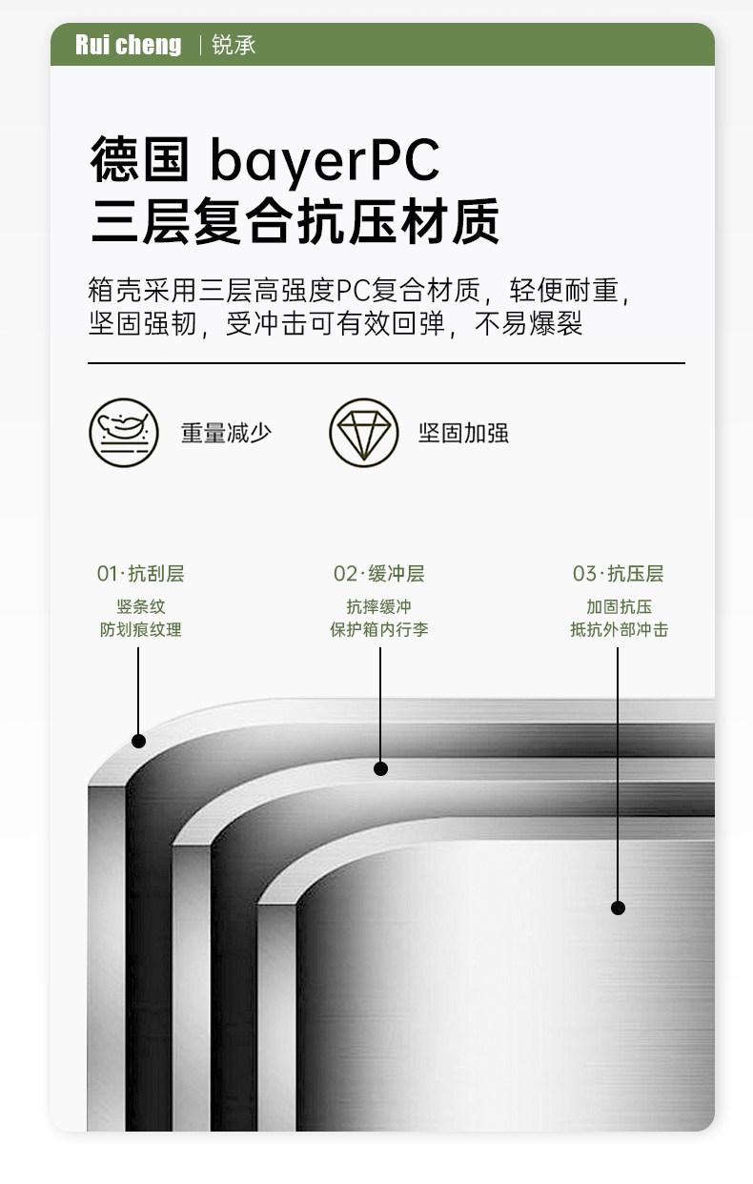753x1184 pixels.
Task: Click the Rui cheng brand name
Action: [128, 45]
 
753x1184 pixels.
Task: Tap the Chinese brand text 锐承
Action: [234, 45]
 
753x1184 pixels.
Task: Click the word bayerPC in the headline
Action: [324, 161]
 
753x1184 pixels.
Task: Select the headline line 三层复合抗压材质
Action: [295, 224]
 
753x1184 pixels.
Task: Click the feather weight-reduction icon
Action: [124, 432]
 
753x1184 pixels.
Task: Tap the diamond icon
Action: [363, 432]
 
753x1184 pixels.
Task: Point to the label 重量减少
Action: [226, 433]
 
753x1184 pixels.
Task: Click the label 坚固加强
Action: [463, 433]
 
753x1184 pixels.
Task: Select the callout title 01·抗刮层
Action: [140, 574]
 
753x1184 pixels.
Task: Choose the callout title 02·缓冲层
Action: [378, 574]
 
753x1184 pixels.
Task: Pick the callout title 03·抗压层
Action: [618, 574]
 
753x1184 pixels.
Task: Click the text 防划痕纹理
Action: [140, 630]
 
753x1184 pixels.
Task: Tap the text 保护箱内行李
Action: [378, 630]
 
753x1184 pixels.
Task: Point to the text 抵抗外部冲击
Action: [619, 630]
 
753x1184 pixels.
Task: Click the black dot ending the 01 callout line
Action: [139, 741]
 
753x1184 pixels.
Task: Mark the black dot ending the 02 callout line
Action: [380, 768]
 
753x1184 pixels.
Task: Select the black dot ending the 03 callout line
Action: [618, 908]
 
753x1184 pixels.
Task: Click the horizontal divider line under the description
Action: [386, 363]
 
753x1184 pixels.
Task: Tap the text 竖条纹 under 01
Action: [140, 607]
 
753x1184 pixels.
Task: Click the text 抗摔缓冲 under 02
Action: [378, 607]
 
